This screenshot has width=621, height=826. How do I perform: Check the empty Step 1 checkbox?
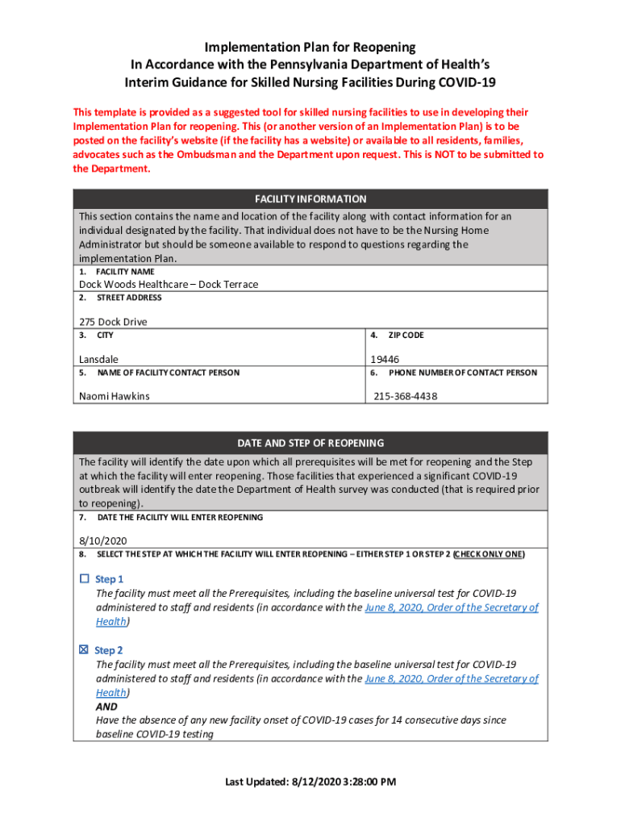click(x=84, y=579)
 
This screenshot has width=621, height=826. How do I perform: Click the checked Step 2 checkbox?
click(x=84, y=650)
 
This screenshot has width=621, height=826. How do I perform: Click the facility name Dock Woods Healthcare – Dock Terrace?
click(x=169, y=284)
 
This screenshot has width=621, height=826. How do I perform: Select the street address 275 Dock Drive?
click(x=113, y=322)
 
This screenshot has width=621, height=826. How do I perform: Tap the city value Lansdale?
click(x=98, y=359)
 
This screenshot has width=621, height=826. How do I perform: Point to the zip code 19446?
click(x=385, y=359)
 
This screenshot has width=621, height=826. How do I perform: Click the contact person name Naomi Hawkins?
click(x=114, y=396)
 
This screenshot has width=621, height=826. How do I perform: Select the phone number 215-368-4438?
click(x=406, y=396)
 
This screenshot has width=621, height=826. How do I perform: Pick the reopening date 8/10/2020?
click(x=102, y=541)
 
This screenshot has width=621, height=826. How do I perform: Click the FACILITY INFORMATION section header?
click(x=310, y=198)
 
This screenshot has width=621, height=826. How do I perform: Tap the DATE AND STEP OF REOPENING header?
click(x=310, y=443)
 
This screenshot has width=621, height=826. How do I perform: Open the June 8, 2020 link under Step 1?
click(x=452, y=607)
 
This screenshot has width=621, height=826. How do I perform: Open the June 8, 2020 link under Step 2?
click(x=452, y=678)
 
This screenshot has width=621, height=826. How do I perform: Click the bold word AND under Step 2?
click(x=106, y=707)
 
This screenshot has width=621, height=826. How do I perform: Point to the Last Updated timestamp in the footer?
click(x=310, y=782)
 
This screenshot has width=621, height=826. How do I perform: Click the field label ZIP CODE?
click(x=406, y=335)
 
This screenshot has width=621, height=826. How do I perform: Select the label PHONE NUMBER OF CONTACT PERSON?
click(x=462, y=373)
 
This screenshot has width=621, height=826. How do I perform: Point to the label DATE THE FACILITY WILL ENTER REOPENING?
click(x=179, y=517)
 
